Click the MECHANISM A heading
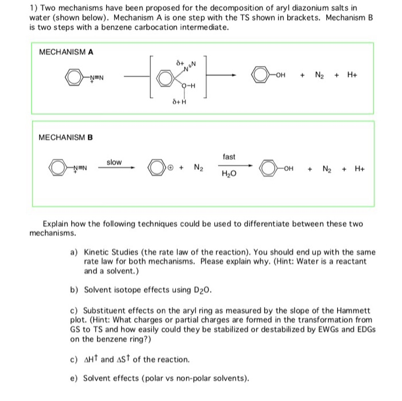click(x=66, y=52)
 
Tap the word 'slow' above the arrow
click(x=114, y=162)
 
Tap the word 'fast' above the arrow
click(x=228, y=156)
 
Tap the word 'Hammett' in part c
click(x=352, y=310)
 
